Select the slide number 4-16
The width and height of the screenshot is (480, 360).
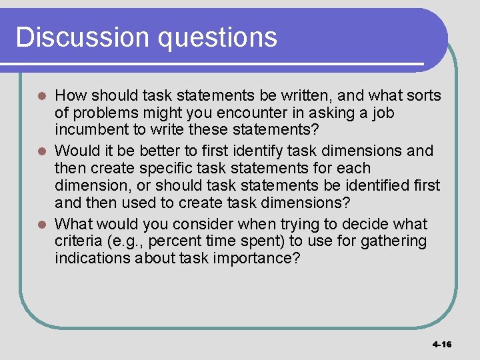point(441,345)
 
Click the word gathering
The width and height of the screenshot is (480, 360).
point(393,241)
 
